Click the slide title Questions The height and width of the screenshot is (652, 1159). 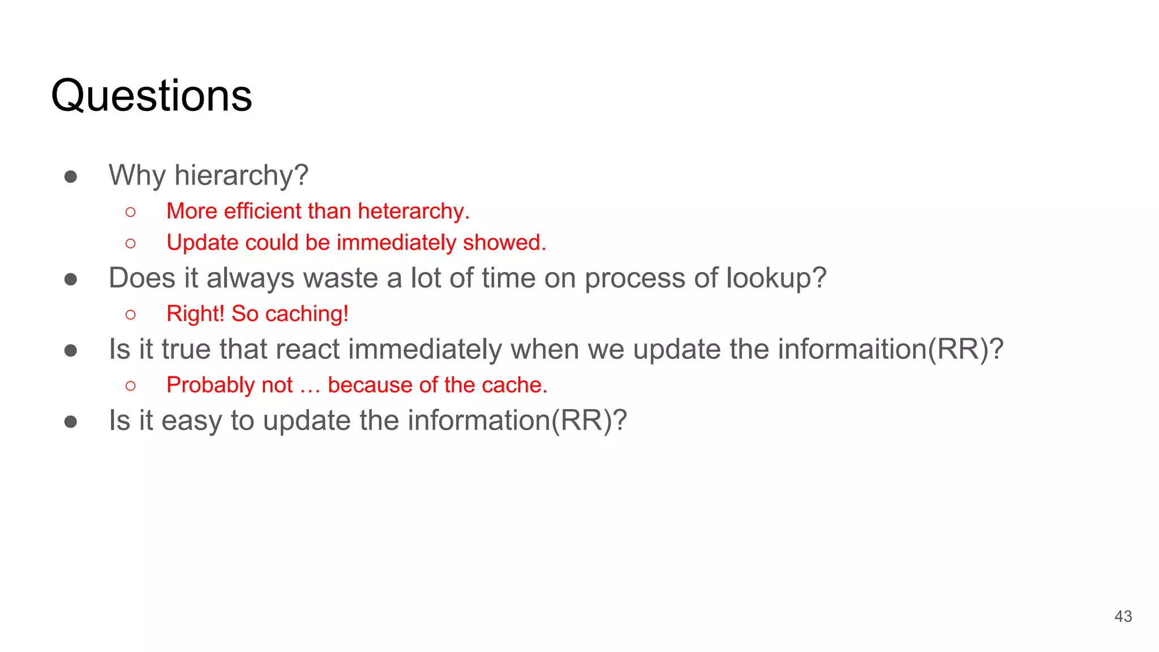pos(151,96)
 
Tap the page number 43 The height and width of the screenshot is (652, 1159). pos(1123,616)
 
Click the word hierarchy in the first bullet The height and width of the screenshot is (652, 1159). pos(241,175)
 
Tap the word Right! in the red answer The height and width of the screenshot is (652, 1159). pos(195,314)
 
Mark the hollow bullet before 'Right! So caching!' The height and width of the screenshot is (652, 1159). pos(131,315)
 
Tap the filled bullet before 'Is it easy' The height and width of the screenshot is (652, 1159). pos(71,422)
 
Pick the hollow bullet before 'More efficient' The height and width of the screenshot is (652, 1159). pos(131,212)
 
